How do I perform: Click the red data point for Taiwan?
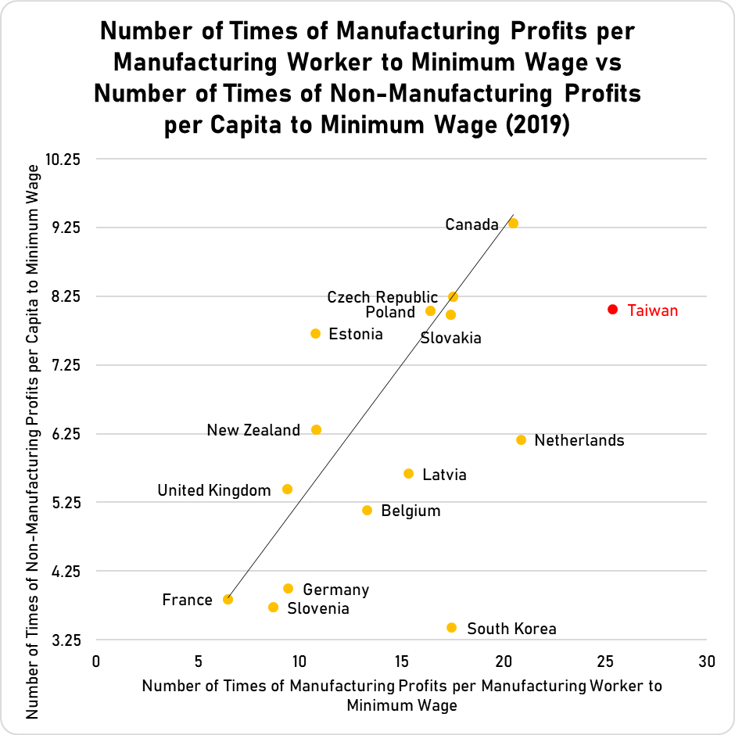coord(612,310)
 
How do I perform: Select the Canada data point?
coord(513,223)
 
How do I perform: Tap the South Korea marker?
coord(451,627)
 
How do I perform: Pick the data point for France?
coord(228,599)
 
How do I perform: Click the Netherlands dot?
coord(521,439)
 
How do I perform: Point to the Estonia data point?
coord(315,333)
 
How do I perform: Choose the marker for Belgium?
coord(367,510)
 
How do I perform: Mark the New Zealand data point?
coord(316,429)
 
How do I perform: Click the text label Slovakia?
coord(450,339)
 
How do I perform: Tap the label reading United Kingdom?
coord(213,490)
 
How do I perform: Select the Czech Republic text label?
coord(382,297)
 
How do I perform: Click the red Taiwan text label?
coord(653,310)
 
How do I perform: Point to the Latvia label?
coord(444,475)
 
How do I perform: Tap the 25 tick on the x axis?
coord(605,661)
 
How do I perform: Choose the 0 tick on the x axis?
coord(95,661)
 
